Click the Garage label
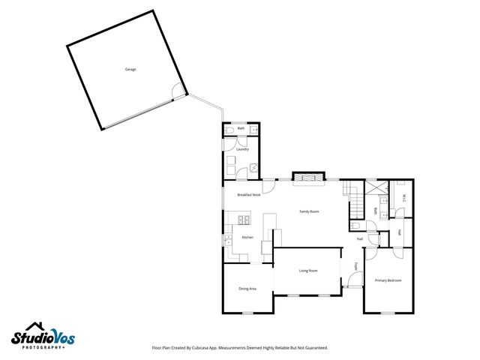[130, 69]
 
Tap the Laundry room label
[242, 149]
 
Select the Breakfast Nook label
[248, 194]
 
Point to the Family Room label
[310, 212]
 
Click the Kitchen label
[247, 238]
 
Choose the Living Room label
[308, 271]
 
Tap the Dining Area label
[247, 289]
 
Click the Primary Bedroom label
[388, 280]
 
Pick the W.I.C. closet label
[403, 199]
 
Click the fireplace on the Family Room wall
[308, 178]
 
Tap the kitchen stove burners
[244, 220]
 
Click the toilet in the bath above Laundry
[229, 130]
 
